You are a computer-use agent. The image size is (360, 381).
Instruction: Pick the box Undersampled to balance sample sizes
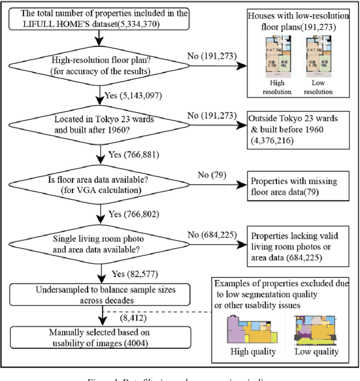[99, 294]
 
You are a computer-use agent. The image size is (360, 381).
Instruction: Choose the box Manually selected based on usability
[99, 337]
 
